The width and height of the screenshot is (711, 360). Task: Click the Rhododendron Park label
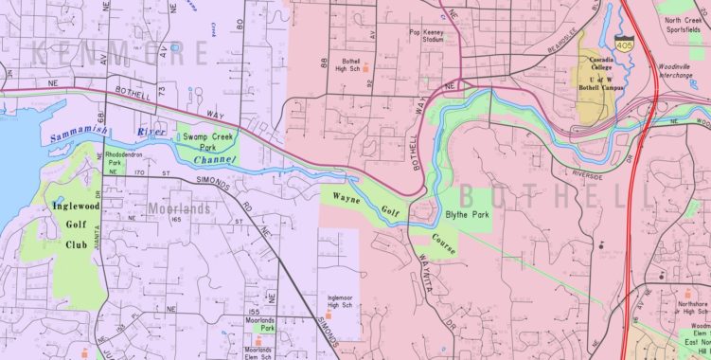click(x=125, y=156)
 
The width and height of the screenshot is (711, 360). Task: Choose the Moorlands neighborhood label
click(x=179, y=207)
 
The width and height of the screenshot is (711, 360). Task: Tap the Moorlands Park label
click(x=259, y=325)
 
